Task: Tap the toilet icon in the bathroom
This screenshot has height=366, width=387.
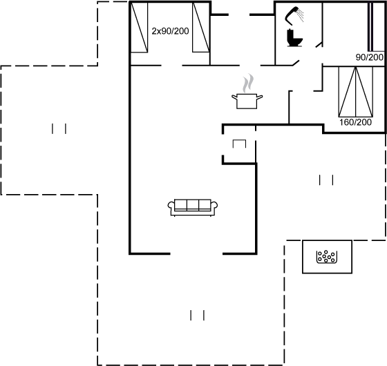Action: pyautogui.click(x=294, y=38)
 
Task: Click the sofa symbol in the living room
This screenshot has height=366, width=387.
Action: pyautogui.click(x=193, y=208)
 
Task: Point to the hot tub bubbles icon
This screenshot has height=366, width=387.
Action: pyautogui.click(x=327, y=257)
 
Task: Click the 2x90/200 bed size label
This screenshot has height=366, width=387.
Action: pyautogui.click(x=170, y=31)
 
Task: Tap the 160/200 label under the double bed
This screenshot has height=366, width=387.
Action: pyautogui.click(x=355, y=122)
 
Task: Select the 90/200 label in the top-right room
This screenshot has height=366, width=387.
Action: pyautogui.click(x=370, y=57)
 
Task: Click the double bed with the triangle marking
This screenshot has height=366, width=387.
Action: pyautogui.click(x=355, y=91)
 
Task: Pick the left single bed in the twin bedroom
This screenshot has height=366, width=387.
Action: pyautogui.click(x=139, y=27)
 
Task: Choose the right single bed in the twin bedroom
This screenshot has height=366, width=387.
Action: pyautogui.click(x=201, y=27)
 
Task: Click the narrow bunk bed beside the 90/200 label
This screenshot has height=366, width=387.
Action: pyautogui.click(x=377, y=27)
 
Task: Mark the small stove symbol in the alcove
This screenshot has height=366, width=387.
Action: pyautogui.click(x=239, y=144)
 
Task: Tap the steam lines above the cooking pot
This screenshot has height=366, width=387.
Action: pyautogui.click(x=248, y=83)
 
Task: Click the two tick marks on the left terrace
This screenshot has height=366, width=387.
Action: pyautogui.click(x=59, y=128)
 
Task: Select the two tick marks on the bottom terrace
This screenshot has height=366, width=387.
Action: pyautogui.click(x=197, y=315)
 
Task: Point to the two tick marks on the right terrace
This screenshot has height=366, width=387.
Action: pyautogui.click(x=326, y=180)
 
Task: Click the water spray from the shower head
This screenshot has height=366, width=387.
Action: pyautogui.click(x=301, y=15)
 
